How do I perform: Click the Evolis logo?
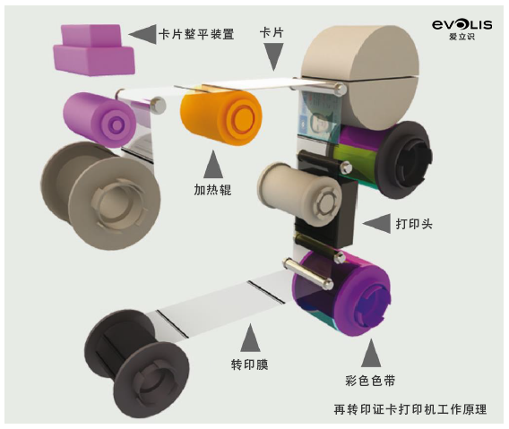[x=462, y=30]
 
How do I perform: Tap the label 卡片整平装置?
[x=196, y=34]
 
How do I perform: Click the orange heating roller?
[x=221, y=117]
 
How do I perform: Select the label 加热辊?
[x=212, y=190]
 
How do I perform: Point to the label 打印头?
[x=414, y=224]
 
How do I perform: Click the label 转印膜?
[x=250, y=365]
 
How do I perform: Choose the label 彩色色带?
[x=370, y=381]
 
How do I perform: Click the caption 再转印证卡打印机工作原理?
[x=410, y=409]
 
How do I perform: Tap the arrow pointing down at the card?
[x=273, y=56]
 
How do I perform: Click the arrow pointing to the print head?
[x=376, y=223]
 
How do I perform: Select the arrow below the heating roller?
[x=213, y=164]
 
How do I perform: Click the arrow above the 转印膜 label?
[x=250, y=338]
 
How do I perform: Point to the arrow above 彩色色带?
[x=371, y=353]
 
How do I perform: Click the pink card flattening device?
[x=94, y=49]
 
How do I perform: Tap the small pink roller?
[x=99, y=120]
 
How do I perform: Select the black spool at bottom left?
[x=136, y=365]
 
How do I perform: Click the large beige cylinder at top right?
[x=360, y=77]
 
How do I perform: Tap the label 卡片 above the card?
[x=272, y=32]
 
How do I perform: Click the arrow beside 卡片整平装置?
[x=142, y=34]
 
